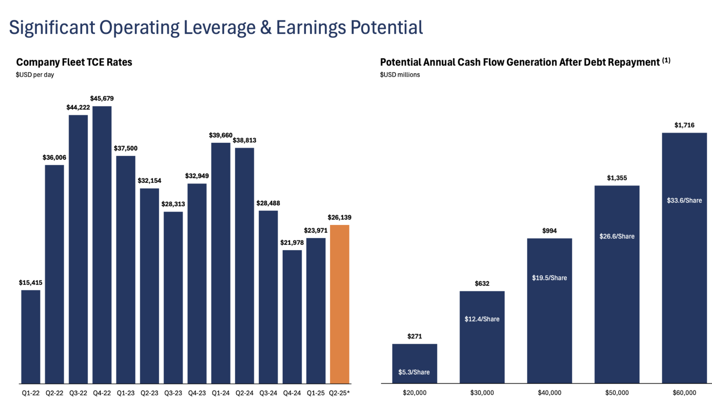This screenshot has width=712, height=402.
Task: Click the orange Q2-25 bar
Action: (x=340, y=304)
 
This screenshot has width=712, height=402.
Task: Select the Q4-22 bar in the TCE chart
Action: (x=102, y=245)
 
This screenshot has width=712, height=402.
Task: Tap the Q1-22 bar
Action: (x=31, y=337)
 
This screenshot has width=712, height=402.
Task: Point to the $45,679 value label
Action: (x=102, y=99)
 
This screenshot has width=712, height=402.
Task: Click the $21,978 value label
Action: (x=292, y=243)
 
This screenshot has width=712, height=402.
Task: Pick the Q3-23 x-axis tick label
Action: (x=173, y=393)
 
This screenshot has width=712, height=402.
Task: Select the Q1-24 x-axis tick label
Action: (x=221, y=393)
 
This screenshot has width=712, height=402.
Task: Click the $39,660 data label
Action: (x=221, y=135)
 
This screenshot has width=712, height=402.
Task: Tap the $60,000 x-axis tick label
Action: (x=684, y=393)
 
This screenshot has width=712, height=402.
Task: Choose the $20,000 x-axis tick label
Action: (x=414, y=393)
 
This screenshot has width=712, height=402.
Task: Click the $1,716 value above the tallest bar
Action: (x=684, y=125)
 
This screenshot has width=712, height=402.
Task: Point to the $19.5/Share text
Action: (x=549, y=278)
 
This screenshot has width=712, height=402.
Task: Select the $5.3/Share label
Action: (x=414, y=372)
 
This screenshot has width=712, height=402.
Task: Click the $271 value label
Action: (x=414, y=337)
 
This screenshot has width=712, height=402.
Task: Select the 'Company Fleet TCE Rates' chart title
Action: (x=74, y=62)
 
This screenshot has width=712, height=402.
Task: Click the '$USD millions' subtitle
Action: (x=400, y=75)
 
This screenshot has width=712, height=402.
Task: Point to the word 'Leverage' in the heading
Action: (x=220, y=28)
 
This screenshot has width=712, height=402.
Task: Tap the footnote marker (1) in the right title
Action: (x=666, y=60)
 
